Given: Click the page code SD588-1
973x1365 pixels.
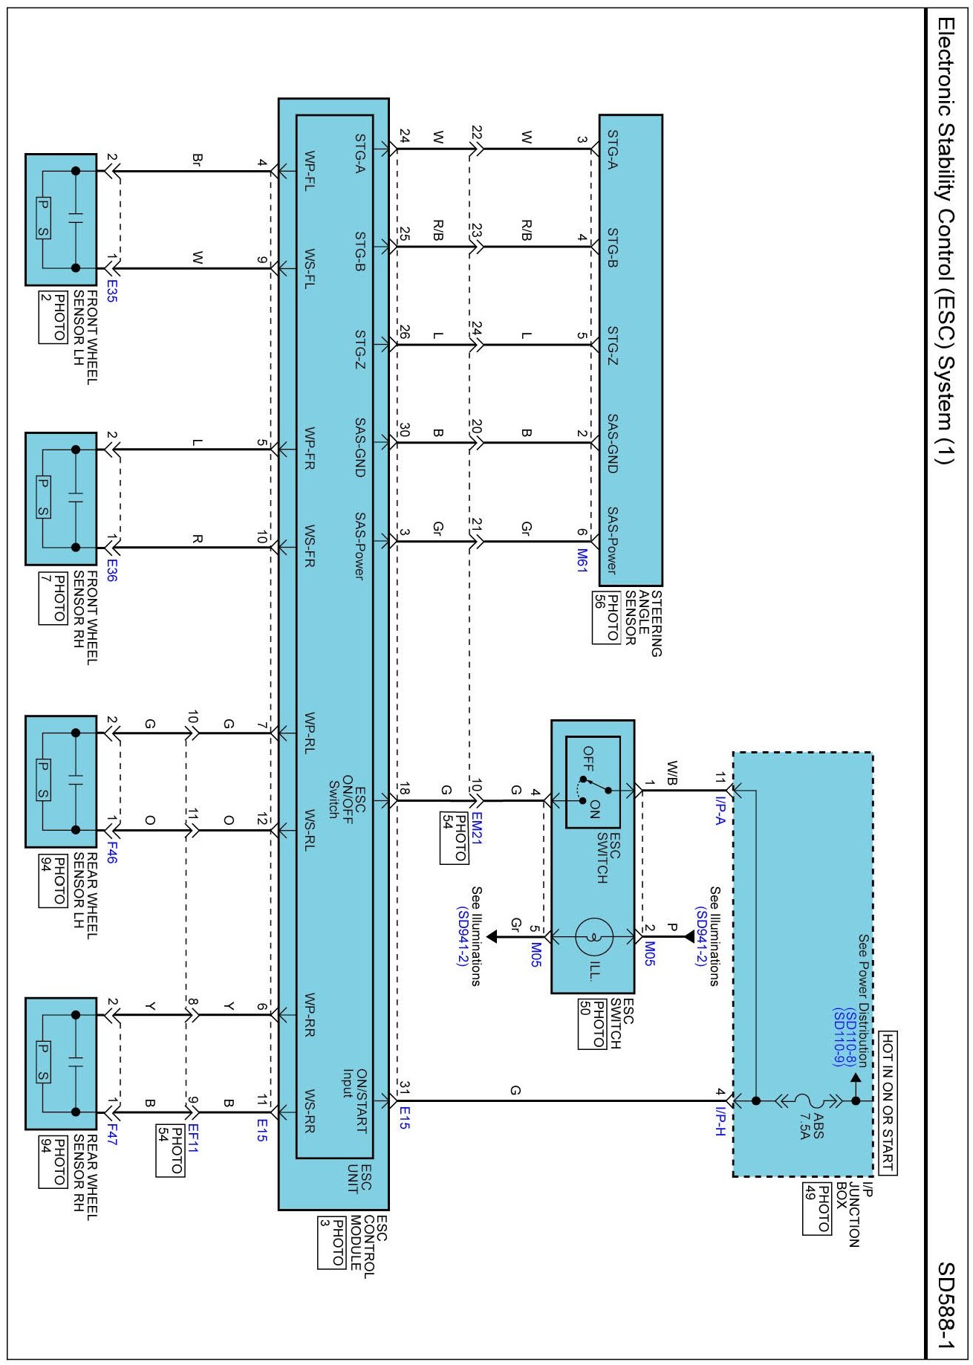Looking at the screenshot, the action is pyautogui.click(x=946, y=1305).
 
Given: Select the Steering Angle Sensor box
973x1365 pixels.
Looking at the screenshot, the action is pyautogui.click(x=631, y=350).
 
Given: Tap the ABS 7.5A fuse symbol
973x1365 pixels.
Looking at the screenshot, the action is pyautogui.click(x=803, y=1100).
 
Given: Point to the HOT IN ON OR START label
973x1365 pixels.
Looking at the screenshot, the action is pyautogui.click(x=888, y=1103).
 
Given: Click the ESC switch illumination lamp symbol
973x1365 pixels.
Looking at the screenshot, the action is pyautogui.click(x=594, y=937).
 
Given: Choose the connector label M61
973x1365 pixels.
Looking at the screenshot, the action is pyautogui.click(x=582, y=560).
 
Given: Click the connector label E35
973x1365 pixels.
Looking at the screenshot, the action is pyautogui.click(x=111, y=291).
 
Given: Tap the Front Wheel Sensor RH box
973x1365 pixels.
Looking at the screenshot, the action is pyautogui.click(x=61, y=499).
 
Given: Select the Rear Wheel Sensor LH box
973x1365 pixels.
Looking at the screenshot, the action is pyautogui.click(x=61, y=782).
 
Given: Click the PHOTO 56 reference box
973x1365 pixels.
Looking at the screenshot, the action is pyautogui.click(x=606, y=617).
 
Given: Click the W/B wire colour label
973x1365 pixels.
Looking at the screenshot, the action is pyautogui.click(x=672, y=772).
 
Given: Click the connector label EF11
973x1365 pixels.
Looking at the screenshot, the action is pyautogui.click(x=192, y=1138).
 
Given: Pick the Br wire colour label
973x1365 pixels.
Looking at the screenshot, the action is pyautogui.click(x=197, y=160).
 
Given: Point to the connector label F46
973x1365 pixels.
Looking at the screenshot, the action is pyautogui.click(x=111, y=852).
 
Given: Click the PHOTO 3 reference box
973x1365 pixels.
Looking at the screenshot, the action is pyautogui.click(x=332, y=1242).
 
